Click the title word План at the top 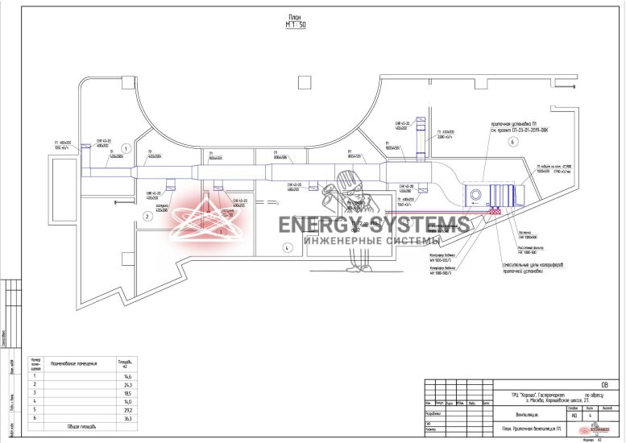tap(296, 16)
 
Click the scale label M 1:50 tap(296, 25)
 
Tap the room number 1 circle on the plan tap(126, 147)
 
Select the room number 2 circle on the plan tap(147, 217)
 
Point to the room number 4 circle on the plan tap(285, 248)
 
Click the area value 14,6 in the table tap(126, 376)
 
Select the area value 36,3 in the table tap(126, 417)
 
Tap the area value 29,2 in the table tap(126, 409)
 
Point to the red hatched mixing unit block tap(493, 213)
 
